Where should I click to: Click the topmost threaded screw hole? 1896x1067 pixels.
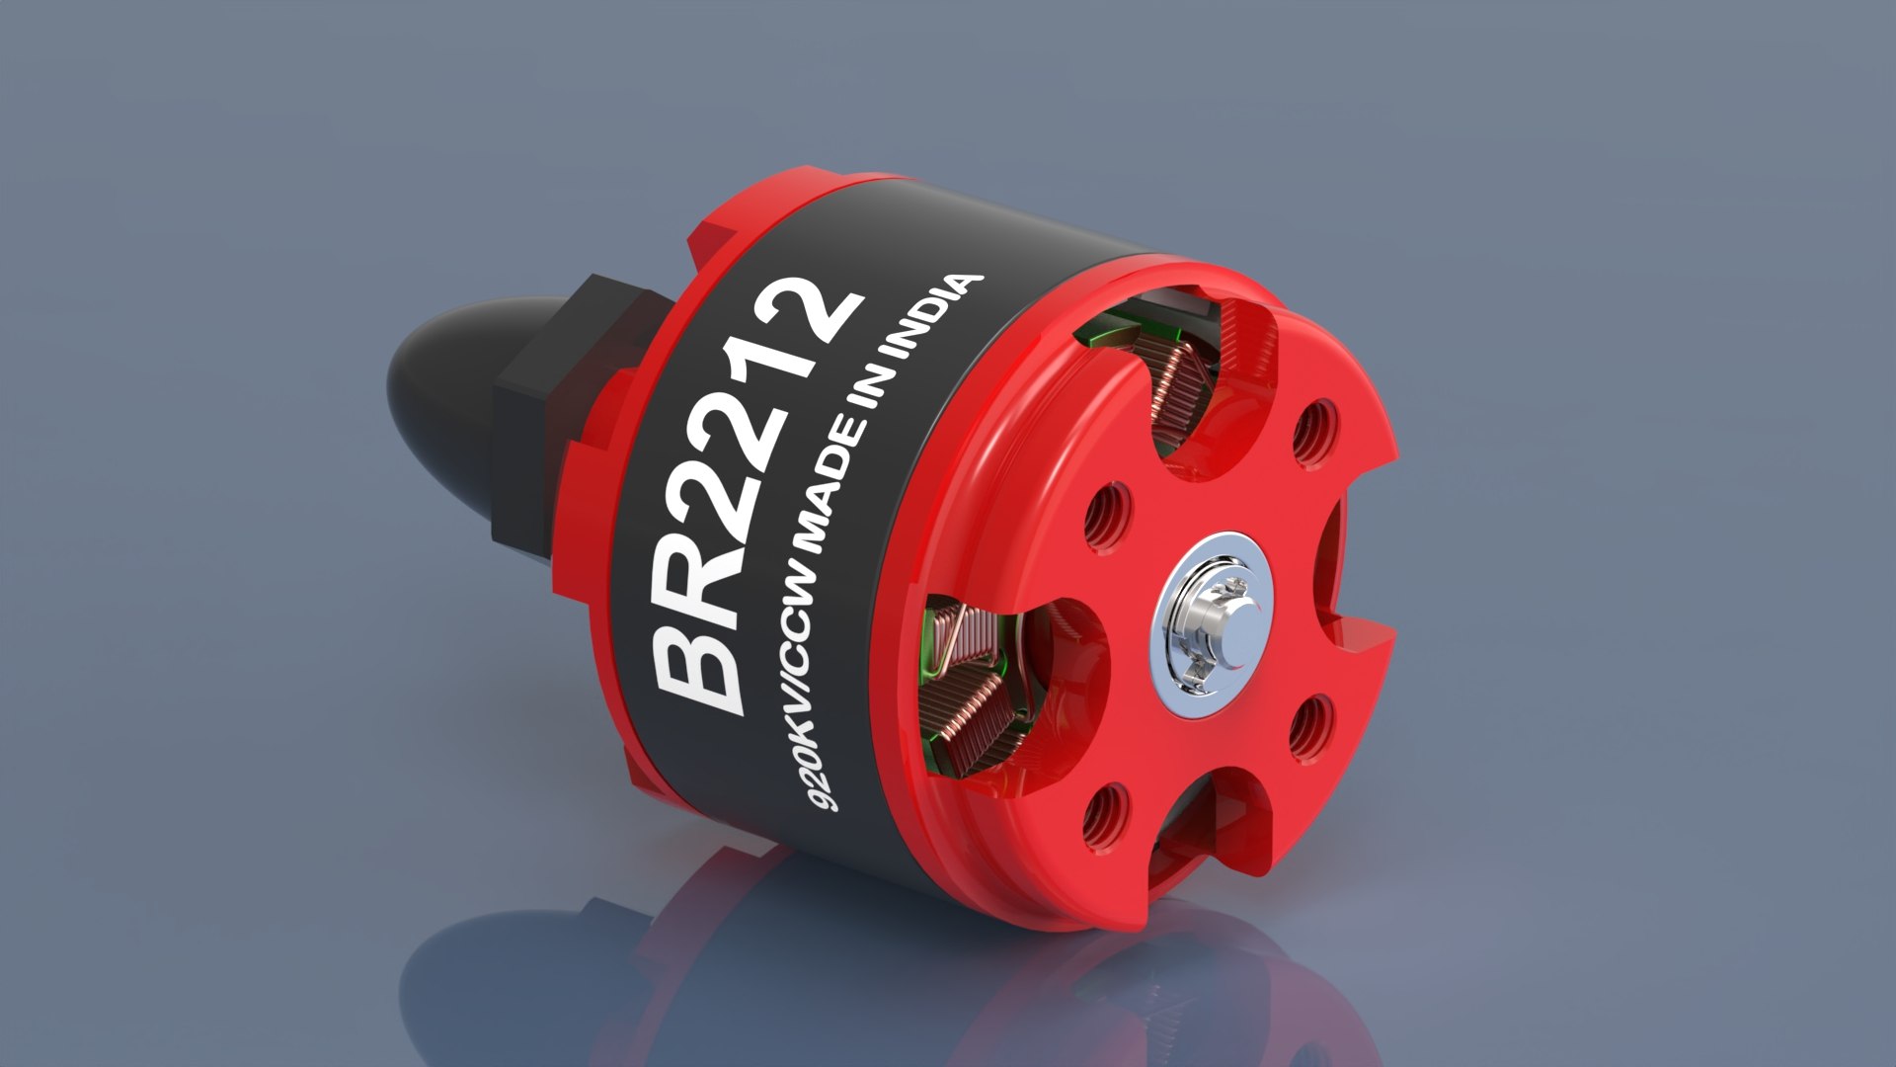(x=1315, y=433)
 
